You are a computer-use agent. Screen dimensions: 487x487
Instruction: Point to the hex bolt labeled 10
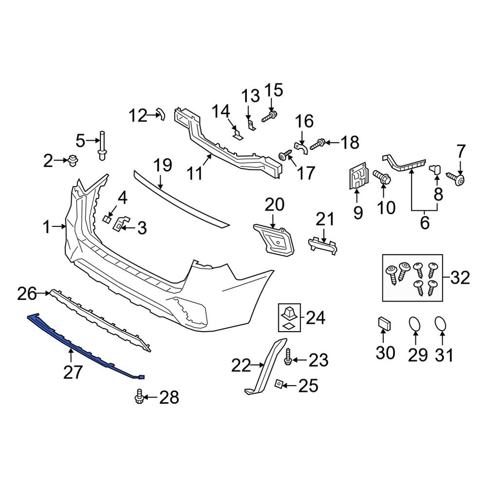coord(381,176)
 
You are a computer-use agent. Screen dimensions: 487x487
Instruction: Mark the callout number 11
coord(195,173)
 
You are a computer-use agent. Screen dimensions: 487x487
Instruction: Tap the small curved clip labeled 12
coord(160,115)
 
